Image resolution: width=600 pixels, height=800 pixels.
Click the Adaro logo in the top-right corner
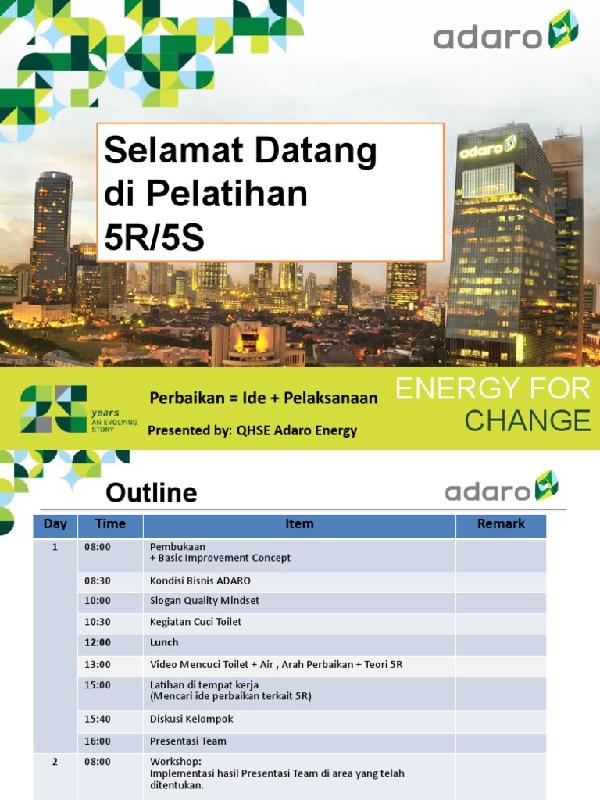click(x=505, y=33)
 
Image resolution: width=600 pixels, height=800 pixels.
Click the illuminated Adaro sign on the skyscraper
click(x=487, y=148)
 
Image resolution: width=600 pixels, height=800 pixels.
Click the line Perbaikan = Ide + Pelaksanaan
click(x=263, y=398)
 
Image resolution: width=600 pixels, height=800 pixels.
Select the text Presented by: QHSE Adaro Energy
click(x=252, y=430)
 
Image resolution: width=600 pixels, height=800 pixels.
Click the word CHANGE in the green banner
click(x=527, y=420)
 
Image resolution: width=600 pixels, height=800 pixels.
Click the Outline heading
click(x=152, y=493)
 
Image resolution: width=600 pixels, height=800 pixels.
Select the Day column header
click(x=55, y=524)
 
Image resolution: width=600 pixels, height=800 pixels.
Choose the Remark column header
click(x=501, y=524)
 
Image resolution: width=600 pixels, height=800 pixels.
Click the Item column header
click(x=299, y=524)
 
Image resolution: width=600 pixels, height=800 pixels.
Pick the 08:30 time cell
click(x=98, y=581)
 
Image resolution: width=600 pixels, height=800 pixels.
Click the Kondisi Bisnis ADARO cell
click(x=200, y=581)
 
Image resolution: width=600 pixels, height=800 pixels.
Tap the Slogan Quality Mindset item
click(x=204, y=602)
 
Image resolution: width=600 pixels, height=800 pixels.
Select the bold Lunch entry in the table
click(x=164, y=642)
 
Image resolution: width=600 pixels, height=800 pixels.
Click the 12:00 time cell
click(x=98, y=642)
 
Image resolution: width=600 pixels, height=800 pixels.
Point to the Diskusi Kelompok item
click(x=191, y=719)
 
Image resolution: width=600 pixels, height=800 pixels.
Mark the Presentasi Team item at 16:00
click(x=187, y=741)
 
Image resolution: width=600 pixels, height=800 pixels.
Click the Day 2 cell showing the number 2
click(x=55, y=762)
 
